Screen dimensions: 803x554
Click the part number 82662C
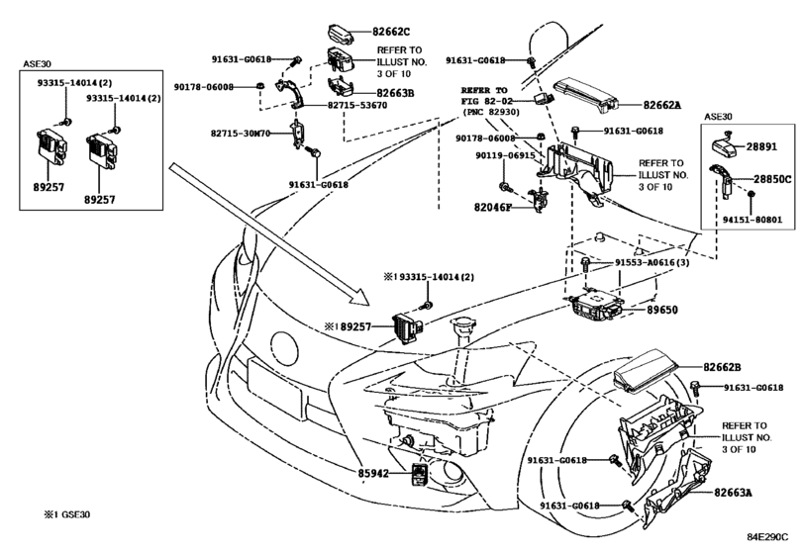coord(391,32)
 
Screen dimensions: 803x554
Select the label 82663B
coord(395,93)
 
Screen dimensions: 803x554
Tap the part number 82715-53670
coord(357,106)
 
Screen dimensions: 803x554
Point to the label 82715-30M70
coord(241,134)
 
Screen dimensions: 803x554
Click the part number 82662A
coord(662,106)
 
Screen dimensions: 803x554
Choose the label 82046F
coord(493,208)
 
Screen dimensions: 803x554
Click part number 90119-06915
coord(505,155)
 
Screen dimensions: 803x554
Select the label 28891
coord(761,146)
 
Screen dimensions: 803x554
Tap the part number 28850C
coord(772,179)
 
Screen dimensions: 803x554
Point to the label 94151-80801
coord(753,220)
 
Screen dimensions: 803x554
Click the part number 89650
coord(661,310)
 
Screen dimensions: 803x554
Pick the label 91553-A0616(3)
coord(652,263)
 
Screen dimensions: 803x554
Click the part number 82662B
coord(722,367)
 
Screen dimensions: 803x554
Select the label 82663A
coord(734,493)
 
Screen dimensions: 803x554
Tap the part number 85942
coord(373,474)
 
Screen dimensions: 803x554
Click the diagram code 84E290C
coord(767,537)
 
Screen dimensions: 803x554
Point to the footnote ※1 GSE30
coord(67,514)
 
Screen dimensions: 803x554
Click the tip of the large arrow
coord(369,305)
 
